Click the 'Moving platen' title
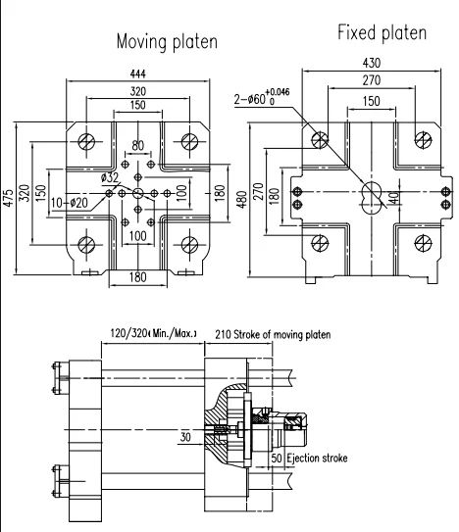167,42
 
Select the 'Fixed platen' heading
382,33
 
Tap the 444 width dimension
137,73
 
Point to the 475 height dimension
8,198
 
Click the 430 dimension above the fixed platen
372,63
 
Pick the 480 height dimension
241,200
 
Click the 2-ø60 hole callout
262,97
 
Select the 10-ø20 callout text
70,203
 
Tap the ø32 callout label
109,177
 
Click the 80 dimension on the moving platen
137,146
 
